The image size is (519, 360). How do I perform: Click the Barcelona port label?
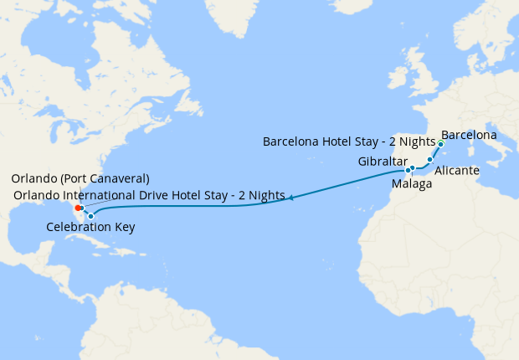pyautogui.click(x=469, y=135)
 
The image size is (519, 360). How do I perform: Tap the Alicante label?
pyautogui.click(x=457, y=170)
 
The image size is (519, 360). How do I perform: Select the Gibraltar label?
pyautogui.click(x=382, y=161)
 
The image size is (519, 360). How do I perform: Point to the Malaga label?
pyautogui.click(x=412, y=183)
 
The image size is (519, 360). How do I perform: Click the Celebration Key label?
pyautogui.click(x=90, y=227)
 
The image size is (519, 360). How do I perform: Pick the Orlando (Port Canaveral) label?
pyautogui.click(x=80, y=179)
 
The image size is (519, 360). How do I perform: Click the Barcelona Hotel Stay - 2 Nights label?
pyautogui.click(x=348, y=141)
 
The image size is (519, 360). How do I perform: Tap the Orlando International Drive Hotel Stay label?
pyautogui.click(x=149, y=195)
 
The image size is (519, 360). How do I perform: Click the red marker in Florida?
pyautogui.click(x=77, y=208)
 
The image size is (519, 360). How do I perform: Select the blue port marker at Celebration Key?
pyautogui.click(x=90, y=216)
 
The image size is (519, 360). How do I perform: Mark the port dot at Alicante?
pyautogui.click(x=430, y=159)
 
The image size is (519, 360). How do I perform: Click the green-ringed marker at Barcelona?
pyautogui.click(x=440, y=144)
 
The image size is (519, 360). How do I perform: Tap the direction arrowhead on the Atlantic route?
pyautogui.click(x=290, y=198)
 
